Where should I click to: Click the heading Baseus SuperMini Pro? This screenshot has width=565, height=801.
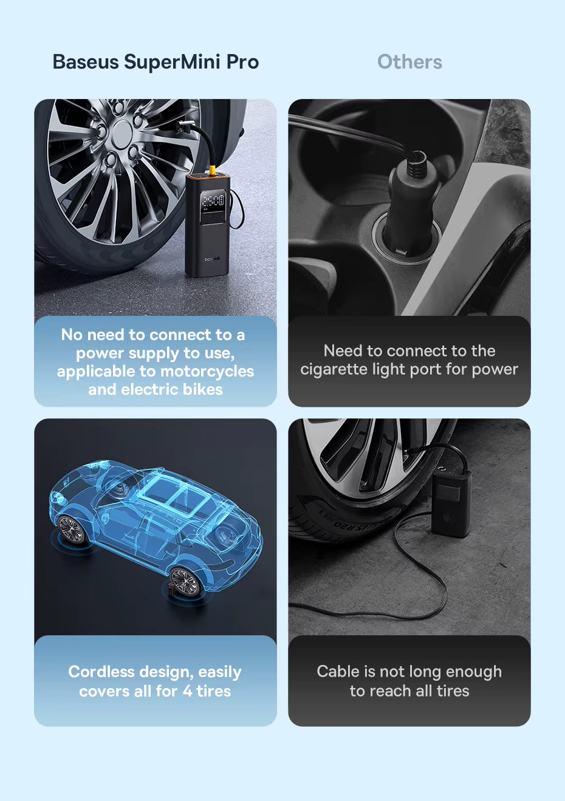click(156, 62)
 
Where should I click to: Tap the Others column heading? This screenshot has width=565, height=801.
click(409, 62)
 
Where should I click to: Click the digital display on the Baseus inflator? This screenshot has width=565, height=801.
click(213, 201)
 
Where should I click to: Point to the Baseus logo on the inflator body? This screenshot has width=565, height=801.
click(213, 259)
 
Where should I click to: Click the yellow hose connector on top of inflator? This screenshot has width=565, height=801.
click(213, 170)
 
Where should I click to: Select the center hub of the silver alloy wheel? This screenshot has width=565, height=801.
click(122, 133)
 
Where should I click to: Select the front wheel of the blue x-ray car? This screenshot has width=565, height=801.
click(72, 530)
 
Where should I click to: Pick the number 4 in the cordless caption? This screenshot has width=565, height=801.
click(187, 691)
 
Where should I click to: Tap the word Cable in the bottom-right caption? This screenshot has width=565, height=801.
click(338, 672)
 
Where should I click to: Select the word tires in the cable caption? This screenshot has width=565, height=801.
click(453, 691)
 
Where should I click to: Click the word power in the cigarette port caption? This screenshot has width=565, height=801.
click(495, 369)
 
